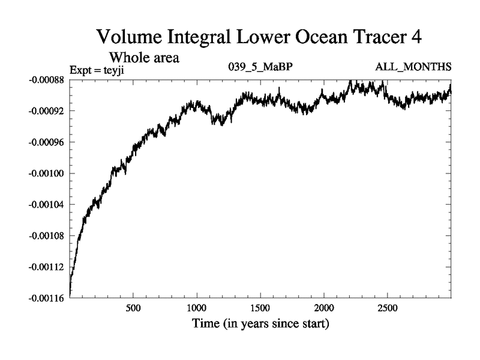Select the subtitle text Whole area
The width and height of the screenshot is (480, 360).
144,58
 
